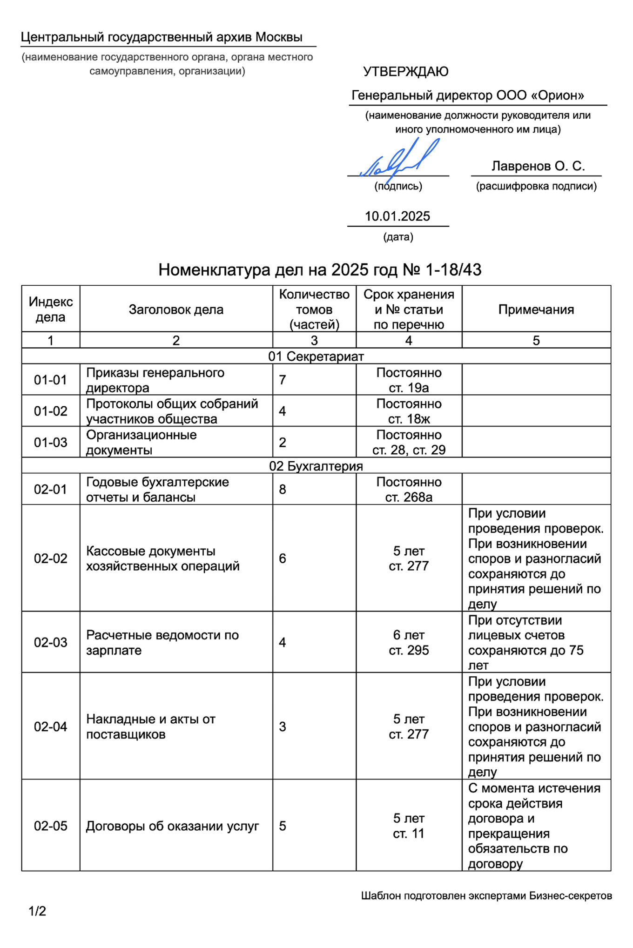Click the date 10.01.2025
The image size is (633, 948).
coord(397,216)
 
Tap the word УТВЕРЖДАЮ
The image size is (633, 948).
coord(405,72)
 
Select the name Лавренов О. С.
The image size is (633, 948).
coord(538,166)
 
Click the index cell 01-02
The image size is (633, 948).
coord(50,411)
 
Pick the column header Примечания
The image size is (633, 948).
coord(536,309)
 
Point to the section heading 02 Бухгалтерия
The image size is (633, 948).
coord(316,466)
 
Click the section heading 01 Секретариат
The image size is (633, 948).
coord(316,356)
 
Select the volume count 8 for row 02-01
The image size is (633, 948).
coord(283,489)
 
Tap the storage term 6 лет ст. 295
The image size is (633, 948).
coord(409,642)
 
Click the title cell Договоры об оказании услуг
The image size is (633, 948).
coord(172,826)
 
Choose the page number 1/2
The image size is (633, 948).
coord(37,911)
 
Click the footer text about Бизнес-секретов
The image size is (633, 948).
coord(486,895)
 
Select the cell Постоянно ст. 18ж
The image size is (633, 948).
coord(409,411)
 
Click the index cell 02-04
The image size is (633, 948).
coord(50,726)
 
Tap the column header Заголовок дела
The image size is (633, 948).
coord(176,309)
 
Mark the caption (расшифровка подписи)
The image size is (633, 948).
coord(536,186)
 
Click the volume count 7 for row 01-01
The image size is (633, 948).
coord(283,380)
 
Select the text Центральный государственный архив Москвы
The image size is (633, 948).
coord(162,37)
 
